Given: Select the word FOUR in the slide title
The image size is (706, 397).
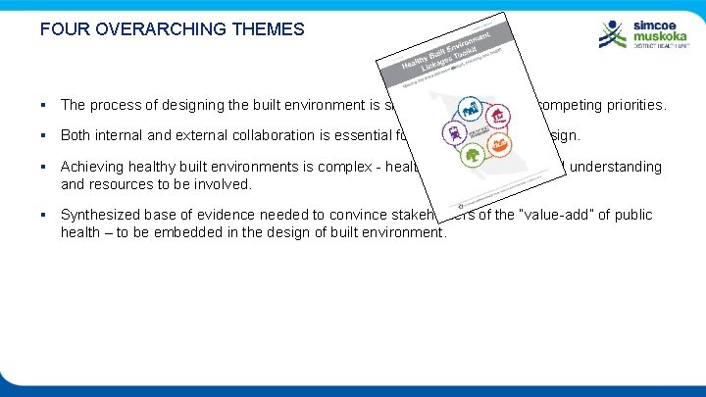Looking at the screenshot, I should [x=62, y=29].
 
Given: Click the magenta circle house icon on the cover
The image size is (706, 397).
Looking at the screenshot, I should [x=498, y=119].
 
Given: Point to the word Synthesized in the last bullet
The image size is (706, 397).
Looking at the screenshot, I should [x=101, y=215].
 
